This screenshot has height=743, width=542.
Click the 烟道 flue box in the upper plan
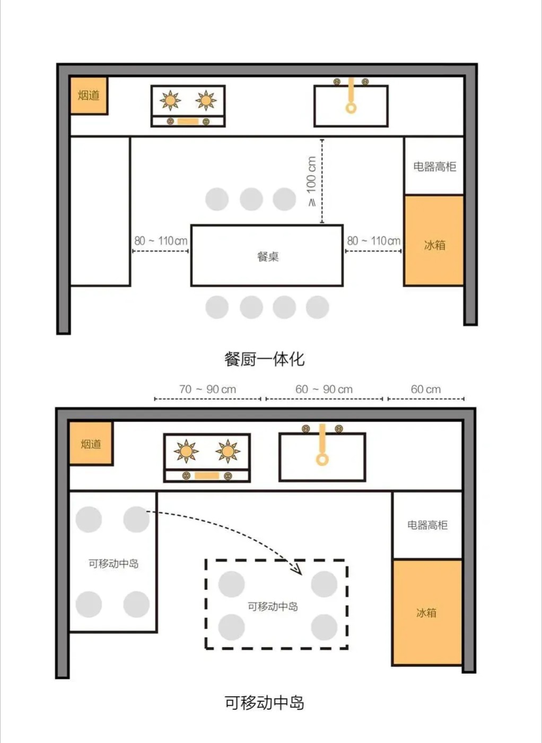click(89, 96)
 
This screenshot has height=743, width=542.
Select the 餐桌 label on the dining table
click(268, 256)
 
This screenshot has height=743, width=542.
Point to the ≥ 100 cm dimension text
click(311, 181)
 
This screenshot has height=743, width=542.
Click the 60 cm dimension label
click(426, 389)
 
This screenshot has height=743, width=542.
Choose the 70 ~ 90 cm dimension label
click(208, 389)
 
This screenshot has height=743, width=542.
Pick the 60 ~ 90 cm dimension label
click(324, 389)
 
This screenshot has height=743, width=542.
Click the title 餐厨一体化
click(265, 359)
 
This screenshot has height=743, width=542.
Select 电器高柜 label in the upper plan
click(434, 166)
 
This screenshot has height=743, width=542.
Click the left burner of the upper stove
click(170, 100)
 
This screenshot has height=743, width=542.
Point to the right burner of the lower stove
click(228, 451)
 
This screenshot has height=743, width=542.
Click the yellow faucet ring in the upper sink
click(351, 108)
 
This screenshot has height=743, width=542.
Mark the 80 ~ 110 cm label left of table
click(161, 241)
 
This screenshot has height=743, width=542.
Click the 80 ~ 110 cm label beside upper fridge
click(374, 241)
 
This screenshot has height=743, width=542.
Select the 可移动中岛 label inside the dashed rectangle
click(273, 606)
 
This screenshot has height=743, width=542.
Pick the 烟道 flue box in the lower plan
click(91, 444)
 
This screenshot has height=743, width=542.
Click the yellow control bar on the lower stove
click(207, 476)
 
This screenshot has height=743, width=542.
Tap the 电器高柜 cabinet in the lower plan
click(427, 525)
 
